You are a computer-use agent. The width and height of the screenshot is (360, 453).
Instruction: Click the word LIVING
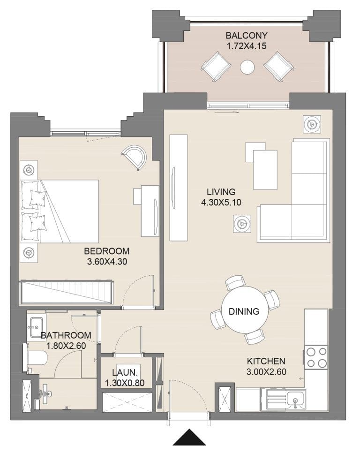(x=221, y=192)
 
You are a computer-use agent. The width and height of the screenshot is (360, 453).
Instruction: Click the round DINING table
(x=244, y=311)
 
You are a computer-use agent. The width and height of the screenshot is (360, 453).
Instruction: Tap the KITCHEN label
(x=266, y=361)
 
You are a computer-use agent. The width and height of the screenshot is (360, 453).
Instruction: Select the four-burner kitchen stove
(x=316, y=357)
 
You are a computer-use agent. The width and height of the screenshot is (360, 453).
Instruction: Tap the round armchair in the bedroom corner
(x=135, y=158)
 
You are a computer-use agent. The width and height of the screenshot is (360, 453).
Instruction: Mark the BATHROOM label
(x=66, y=335)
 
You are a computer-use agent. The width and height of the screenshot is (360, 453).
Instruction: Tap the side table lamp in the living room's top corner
(x=311, y=124)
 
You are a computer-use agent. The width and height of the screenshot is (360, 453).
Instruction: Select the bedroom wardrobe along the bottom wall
(x=66, y=292)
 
